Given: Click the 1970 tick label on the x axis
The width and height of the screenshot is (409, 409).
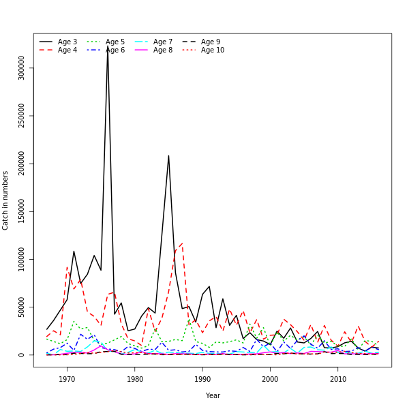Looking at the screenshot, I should coord(67,379).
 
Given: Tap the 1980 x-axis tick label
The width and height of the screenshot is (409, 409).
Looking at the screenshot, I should coord(134,379).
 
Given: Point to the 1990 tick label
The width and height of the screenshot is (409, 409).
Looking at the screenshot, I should coord(202,379).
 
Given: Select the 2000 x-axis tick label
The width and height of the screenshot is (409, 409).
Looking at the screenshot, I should coord(270,379).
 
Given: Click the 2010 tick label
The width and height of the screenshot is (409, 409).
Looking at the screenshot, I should coord(338,379).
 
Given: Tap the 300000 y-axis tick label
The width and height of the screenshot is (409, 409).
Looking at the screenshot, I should coord(21,68).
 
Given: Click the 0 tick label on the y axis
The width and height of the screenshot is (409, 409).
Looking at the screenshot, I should coord(21,354).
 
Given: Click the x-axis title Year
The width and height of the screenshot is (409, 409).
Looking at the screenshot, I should coord(213,395).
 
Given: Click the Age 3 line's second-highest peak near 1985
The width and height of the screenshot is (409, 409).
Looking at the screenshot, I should coord(168,155).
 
